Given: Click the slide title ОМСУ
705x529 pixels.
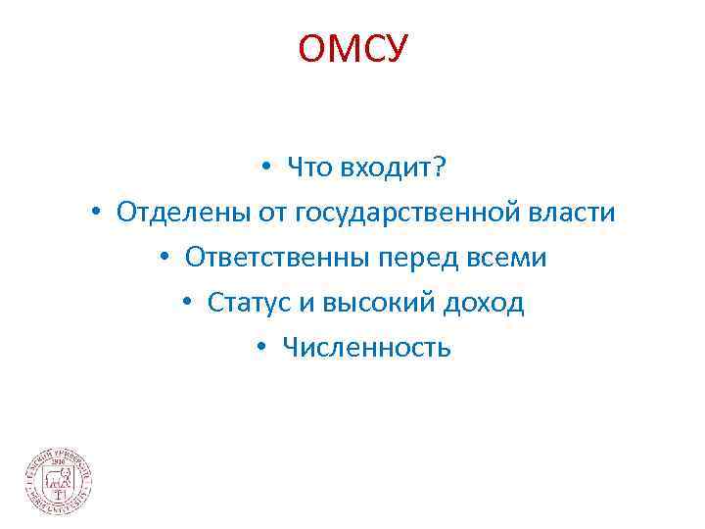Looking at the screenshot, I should point(352,47).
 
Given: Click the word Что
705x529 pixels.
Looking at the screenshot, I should point(306,168).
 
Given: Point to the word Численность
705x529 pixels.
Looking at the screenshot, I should point(366,347).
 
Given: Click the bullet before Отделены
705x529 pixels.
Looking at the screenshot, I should point(97,214).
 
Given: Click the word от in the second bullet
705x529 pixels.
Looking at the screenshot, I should point(266,213).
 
